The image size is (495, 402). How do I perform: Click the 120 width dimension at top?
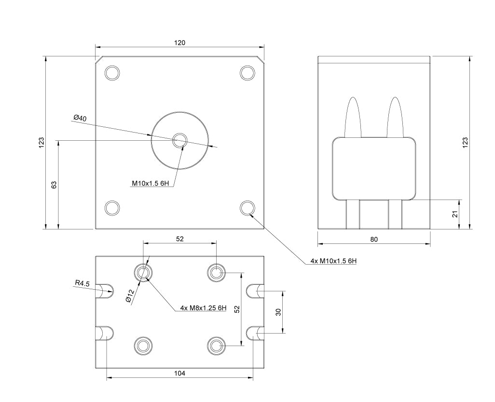(x=179, y=42)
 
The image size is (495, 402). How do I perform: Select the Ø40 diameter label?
(x=80, y=118)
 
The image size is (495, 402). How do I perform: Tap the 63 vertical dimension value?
(x=54, y=185)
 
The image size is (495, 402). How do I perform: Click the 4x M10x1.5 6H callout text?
(x=333, y=261)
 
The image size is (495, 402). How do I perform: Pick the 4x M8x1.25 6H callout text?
(x=203, y=308)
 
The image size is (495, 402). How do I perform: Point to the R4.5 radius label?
(x=82, y=283)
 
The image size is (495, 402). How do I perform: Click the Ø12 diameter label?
(x=129, y=296)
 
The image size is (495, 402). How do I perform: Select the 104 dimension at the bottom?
(x=179, y=373)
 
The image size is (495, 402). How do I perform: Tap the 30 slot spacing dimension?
(x=278, y=312)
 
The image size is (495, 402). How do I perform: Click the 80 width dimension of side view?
(x=374, y=239)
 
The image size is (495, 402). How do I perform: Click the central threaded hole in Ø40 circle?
(x=180, y=141)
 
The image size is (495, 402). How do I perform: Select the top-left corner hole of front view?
(x=112, y=73)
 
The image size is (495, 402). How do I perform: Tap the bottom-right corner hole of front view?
(x=247, y=208)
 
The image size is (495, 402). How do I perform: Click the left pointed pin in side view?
(x=353, y=117)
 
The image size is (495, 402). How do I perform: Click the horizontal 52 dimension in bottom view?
(x=179, y=239)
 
